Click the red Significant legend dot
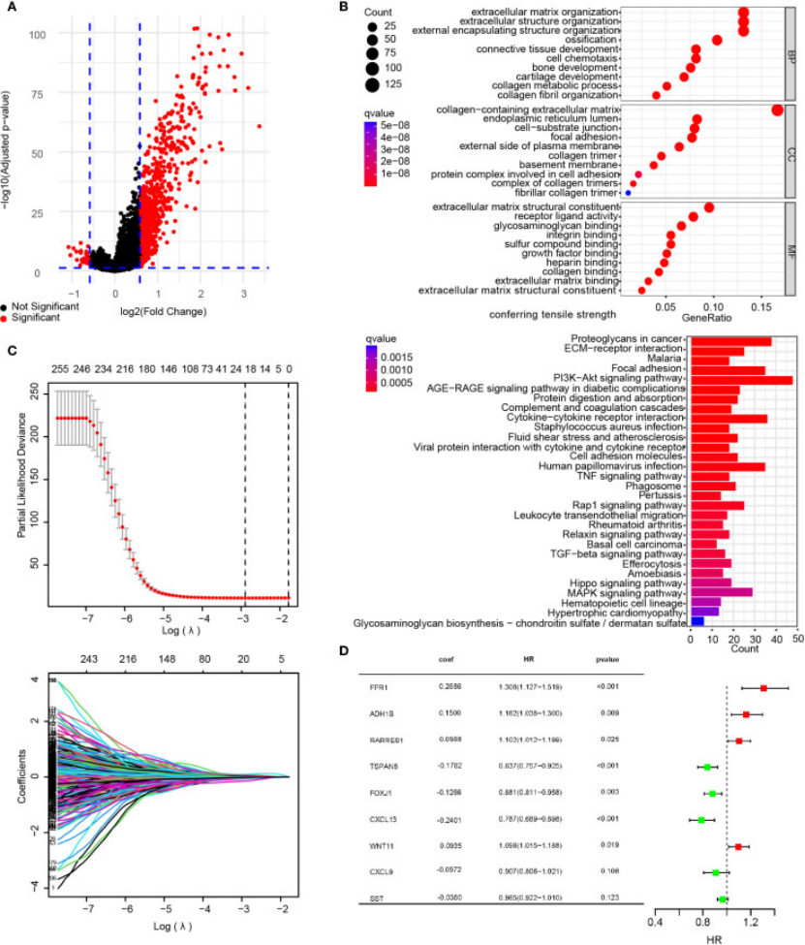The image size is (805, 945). pos(8,316)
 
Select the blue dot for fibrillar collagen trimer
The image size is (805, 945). pos(628,194)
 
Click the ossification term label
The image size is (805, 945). pos(591,40)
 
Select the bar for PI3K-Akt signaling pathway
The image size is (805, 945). pos(741,380)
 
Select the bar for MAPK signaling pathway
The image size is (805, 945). pos(721,591)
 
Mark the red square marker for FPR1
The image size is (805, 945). pos(763,688)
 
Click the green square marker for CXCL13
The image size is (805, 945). pos(701,820)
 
